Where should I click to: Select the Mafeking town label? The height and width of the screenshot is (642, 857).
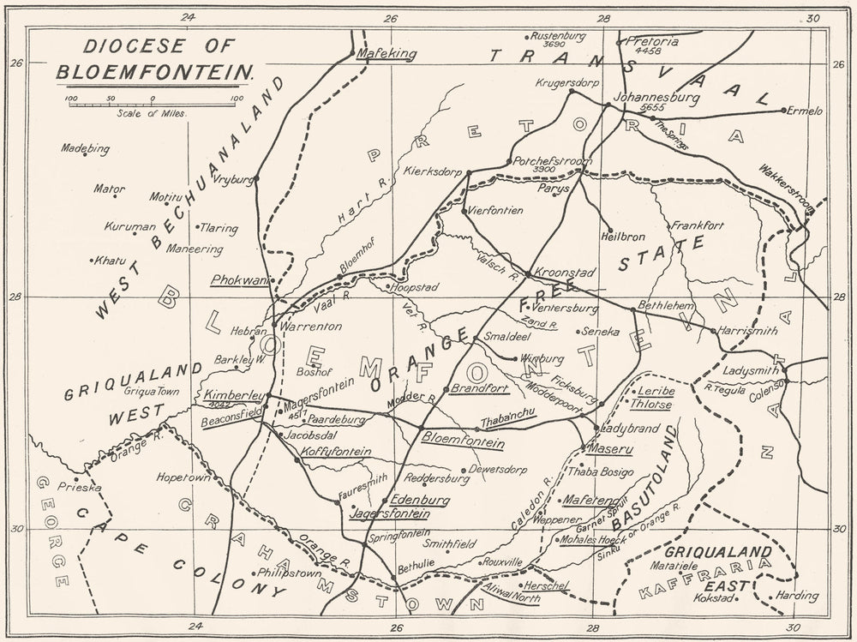(386, 53)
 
